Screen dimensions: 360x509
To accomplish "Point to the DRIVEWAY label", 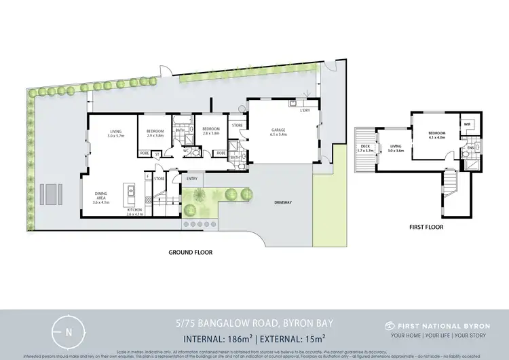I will point(284,202).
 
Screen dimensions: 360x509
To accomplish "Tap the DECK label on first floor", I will point(366,145).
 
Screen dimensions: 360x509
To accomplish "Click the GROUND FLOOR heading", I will point(190,252).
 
